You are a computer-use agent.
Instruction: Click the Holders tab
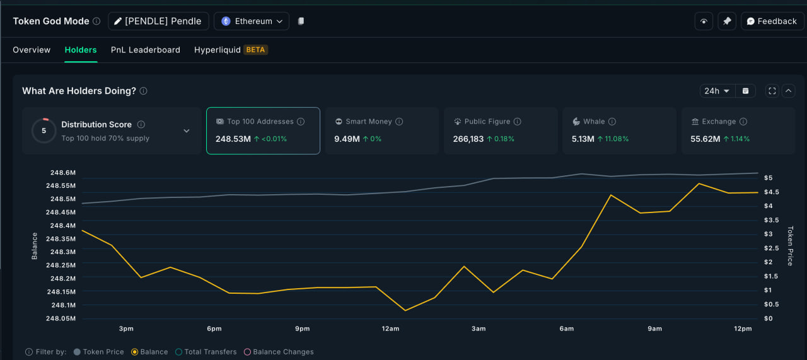click(81, 50)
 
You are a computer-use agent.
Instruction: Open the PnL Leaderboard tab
click(146, 50)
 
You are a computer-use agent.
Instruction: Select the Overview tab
click(32, 50)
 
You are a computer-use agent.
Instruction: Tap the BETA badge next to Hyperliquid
click(255, 50)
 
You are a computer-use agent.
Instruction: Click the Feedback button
click(772, 21)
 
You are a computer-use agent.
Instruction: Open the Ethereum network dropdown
click(252, 21)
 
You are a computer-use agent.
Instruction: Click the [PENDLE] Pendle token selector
click(158, 21)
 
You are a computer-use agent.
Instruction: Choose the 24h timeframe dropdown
click(717, 91)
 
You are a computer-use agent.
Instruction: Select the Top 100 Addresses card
click(263, 131)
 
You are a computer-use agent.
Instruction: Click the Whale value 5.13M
click(583, 139)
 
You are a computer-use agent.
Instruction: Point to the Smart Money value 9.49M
click(344, 139)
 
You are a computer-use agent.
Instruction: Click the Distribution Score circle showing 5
click(44, 131)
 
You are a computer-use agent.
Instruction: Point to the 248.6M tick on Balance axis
click(62, 172)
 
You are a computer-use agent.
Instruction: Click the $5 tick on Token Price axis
click(769, 178)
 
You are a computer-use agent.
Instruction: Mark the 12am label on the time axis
click(390, 328)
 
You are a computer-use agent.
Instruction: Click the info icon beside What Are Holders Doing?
click(144, 91)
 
